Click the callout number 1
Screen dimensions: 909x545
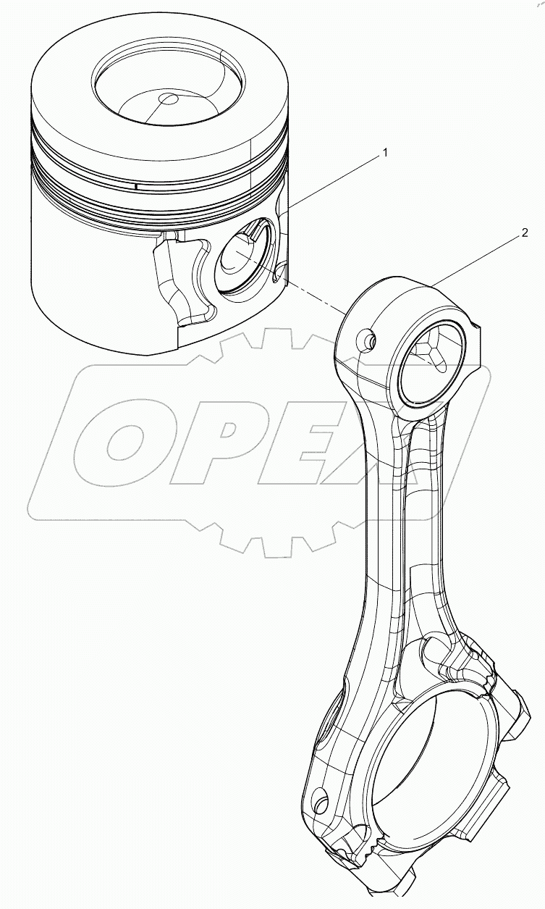386,153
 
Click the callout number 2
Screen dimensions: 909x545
525,233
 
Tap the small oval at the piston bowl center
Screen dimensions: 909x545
169,99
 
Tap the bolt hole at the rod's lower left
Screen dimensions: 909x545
319,801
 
